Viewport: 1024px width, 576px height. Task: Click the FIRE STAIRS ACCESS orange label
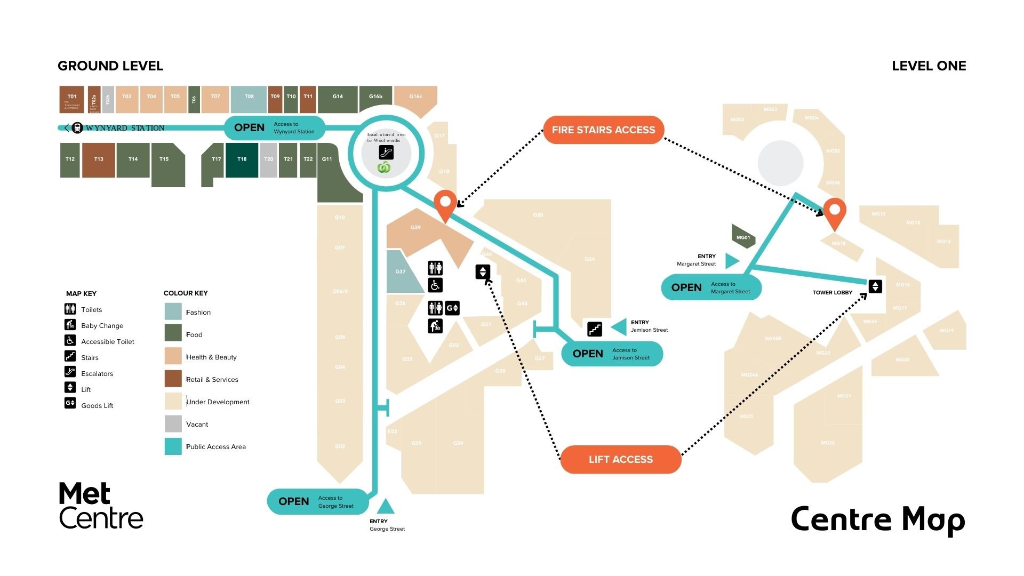[603, 130]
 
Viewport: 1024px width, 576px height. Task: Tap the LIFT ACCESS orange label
[620, 459]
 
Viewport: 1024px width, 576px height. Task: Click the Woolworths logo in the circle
[384, 168]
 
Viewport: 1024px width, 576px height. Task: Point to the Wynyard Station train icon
[77, 128]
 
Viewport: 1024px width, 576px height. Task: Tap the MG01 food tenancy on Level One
[743, 237]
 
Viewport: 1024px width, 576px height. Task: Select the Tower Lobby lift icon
[875, 286]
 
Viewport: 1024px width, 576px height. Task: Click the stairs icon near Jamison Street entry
[595, 329]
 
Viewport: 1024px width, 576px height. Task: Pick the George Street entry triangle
[385, 507]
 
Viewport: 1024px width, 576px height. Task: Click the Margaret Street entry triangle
[732, 261]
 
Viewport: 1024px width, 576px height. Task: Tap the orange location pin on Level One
[835, 212]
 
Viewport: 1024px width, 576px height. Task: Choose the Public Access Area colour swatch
[173, 446]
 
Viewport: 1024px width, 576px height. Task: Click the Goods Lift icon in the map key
[70, 403]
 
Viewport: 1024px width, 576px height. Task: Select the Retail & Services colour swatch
[173, 379]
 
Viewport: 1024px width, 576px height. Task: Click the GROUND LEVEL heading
[110, 66]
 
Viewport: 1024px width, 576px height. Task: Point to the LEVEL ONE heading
[929, 66]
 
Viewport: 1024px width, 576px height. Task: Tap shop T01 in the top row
[71, 99]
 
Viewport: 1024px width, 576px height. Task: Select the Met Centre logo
[101, 506]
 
